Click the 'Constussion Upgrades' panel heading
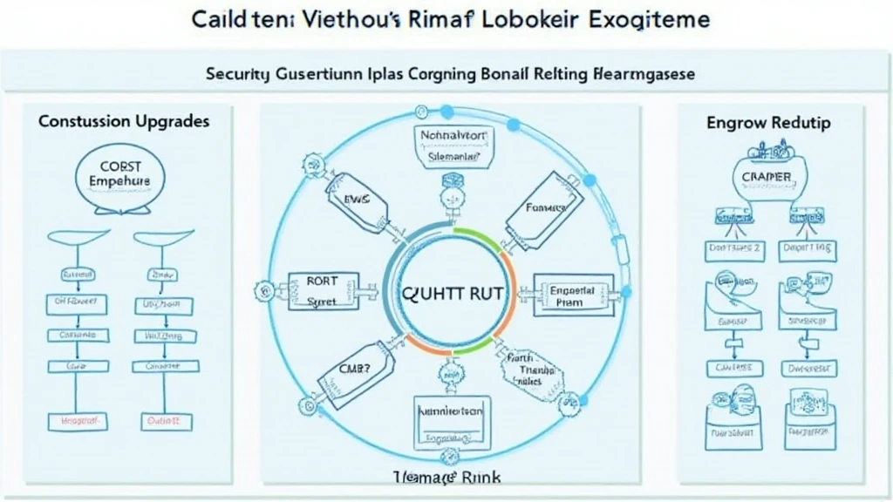124,121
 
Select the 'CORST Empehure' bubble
120,173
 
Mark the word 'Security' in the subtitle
236,75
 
